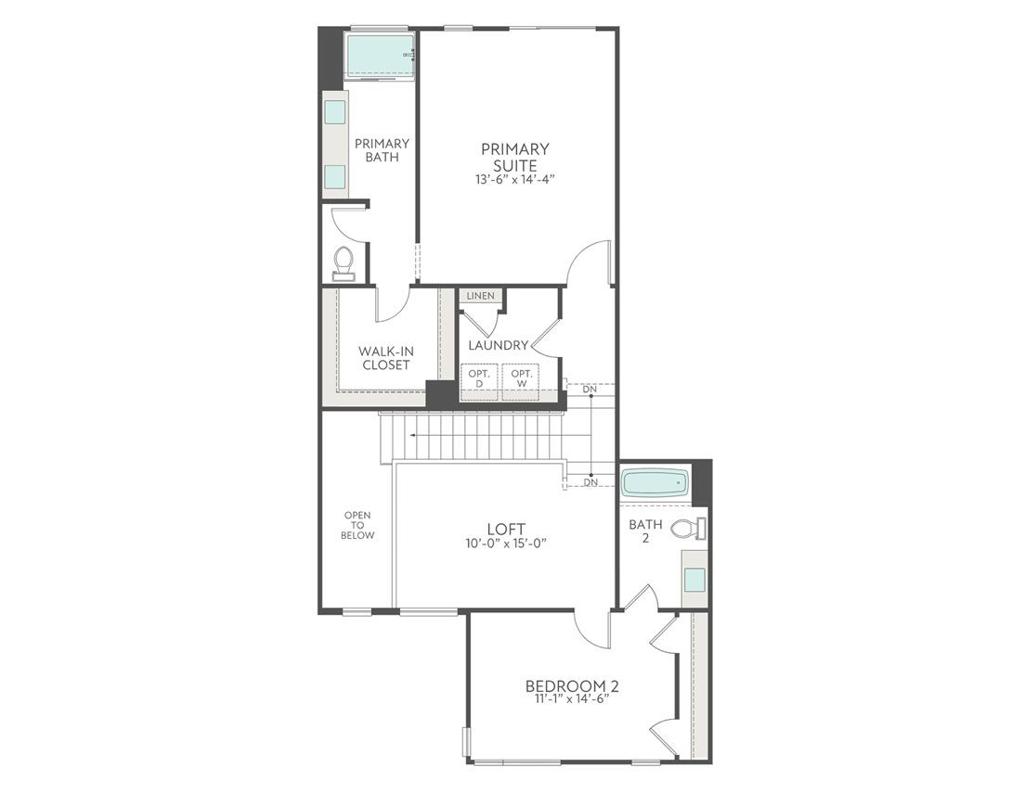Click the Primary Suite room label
(514, 157)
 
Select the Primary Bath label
(382, 150)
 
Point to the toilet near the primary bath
(344, 262)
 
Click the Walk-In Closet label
(385, 357)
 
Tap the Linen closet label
(481, 296)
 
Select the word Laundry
(499, 345)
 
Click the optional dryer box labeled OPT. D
(478, 378)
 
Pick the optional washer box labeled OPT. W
(521, 378)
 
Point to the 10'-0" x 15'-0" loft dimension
(505, 544)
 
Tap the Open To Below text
(357, 525)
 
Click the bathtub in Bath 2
(655, 483)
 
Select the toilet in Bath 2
(688, 530)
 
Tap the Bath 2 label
(645, 531)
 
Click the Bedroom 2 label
(572, 686)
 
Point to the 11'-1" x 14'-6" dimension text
(572, 700)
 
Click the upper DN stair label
(590, 389)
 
